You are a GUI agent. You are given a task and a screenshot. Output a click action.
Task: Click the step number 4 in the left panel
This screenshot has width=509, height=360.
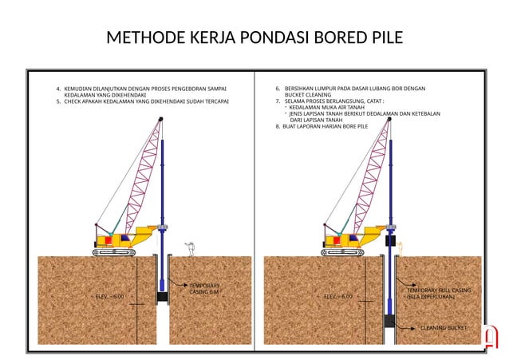pos(58,89)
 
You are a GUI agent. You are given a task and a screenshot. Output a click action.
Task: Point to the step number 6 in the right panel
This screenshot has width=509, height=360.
pos(278,89)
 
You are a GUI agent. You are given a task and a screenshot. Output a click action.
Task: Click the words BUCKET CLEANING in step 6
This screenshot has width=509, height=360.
pos(302,95)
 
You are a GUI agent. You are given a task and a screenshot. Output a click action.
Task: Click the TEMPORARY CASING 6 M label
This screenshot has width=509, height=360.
pos(204,288)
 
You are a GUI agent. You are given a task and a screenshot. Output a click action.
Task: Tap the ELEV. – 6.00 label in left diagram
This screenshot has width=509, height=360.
pos(109,296)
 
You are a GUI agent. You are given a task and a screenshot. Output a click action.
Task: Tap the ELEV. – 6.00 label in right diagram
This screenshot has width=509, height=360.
pos(337,296)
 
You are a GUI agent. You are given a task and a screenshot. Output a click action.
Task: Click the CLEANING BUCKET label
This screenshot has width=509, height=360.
pos(444,328)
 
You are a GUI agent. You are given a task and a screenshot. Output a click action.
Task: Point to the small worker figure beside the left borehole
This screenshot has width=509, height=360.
pos(189,248)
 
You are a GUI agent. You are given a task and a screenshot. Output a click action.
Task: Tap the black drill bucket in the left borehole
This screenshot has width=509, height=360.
pos(162,296)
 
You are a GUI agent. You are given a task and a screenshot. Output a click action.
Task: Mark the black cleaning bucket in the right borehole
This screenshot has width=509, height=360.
pos(390,321)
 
